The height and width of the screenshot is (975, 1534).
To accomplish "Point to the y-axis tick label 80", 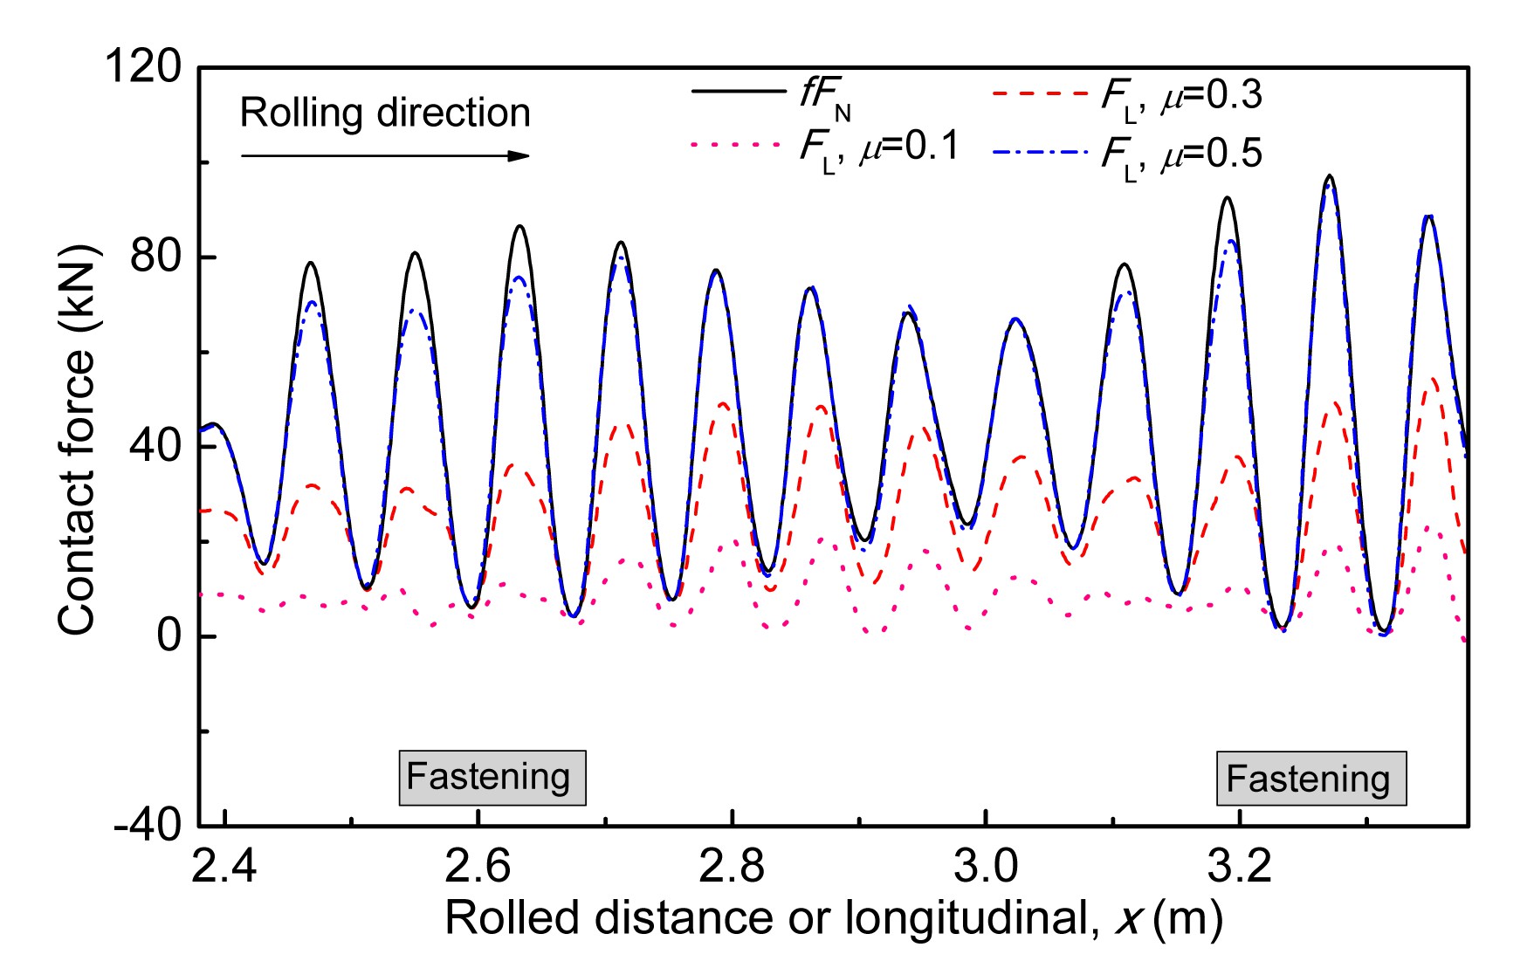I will pyautogui.click(x=155, y=257).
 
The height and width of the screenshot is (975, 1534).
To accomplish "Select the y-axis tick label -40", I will pyautogui.click(x=147, y=825).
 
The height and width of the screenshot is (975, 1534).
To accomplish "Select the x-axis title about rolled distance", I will pyautogui.click(x=833, y=918).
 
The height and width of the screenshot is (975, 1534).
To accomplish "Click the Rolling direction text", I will pyautogui.click(x=385, y=113).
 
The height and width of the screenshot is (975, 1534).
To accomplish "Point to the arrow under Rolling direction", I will pyautogui.click(x=385, y=156).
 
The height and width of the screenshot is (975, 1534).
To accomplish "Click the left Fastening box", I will pyautogui.click(x=492, y=777).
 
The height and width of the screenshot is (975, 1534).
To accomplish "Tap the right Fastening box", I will pyautogui.click(x=1311, y=779).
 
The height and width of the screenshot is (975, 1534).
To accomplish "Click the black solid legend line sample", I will pyautogui.click(x=738, y=91).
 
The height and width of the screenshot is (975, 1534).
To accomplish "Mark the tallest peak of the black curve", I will pyautogui.click(x=1330, y=175).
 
